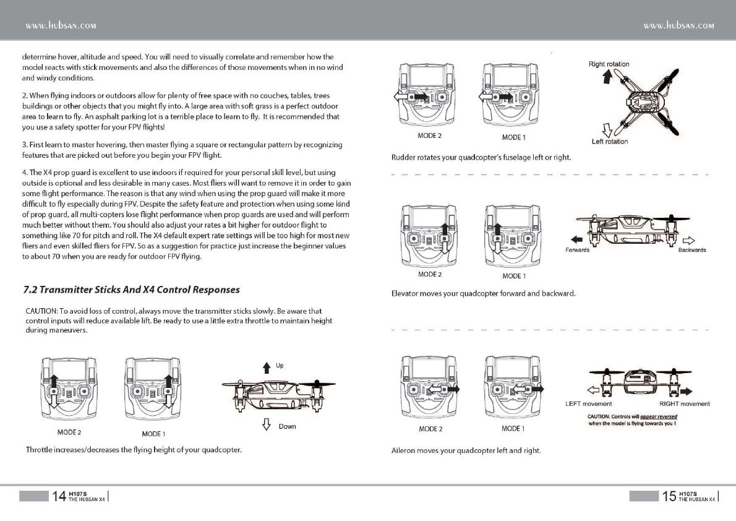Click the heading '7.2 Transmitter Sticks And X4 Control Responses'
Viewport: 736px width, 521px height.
(131, 290)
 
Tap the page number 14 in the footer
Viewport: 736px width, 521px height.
(59, 496)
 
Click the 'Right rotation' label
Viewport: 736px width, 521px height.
(609, 64)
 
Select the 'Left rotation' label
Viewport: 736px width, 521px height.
(609, 142)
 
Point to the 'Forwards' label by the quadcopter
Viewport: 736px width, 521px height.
(578, 250)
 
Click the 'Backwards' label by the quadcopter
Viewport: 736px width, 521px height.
(692, 250)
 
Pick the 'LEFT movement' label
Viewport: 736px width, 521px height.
(589, 404)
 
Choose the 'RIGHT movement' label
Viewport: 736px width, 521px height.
(684, 404)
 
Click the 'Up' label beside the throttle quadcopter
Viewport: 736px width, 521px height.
(280, 366)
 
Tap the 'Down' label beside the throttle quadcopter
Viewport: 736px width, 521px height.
(287, 426)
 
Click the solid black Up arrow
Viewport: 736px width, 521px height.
(267, 368)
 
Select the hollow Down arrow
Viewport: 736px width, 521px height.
(267, 424)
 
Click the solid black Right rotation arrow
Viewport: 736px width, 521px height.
(607, 75)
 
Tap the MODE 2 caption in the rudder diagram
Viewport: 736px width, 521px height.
(430, 135)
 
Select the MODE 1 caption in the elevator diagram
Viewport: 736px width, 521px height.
(514, 275)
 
